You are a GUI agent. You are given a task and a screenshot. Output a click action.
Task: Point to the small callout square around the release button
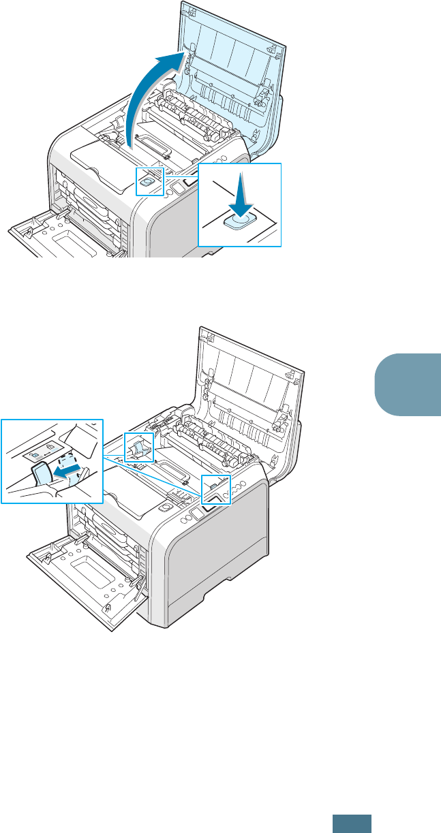pos(149,180)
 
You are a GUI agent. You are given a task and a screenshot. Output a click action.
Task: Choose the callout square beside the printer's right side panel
pos(217,490)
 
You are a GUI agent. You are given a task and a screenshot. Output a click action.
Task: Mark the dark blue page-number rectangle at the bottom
pos(352,823)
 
